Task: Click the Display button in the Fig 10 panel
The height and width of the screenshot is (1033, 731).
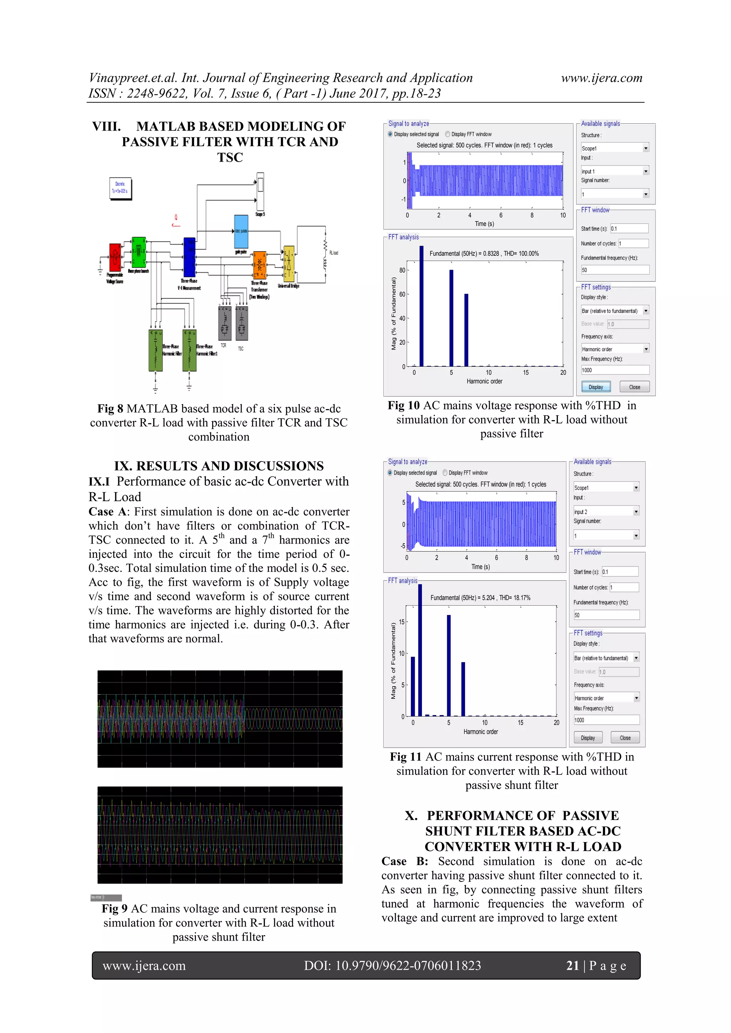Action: (595, 387)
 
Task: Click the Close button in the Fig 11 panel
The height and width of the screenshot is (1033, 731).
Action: (625, 738)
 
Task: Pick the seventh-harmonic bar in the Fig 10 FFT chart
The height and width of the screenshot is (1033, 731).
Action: (466, 330)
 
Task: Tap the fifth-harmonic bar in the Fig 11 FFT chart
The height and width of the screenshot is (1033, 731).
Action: (449, 665)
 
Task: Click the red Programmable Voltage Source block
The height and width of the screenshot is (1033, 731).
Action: (115, 257)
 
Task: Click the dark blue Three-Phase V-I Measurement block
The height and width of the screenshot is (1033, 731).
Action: (190, 257)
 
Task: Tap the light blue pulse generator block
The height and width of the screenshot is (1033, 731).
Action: (241, 231)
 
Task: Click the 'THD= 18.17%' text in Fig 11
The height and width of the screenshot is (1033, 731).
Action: (514, 598)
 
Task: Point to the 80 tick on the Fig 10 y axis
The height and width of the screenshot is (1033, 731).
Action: (402, 270)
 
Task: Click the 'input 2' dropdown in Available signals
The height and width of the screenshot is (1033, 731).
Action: (606, 512)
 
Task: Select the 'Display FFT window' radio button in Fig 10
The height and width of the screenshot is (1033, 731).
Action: (448, 134)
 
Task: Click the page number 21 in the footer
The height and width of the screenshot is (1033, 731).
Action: (572, 966)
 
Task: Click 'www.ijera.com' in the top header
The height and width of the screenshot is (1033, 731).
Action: (601, 78)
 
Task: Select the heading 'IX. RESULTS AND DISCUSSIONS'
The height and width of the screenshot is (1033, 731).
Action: (219, 465)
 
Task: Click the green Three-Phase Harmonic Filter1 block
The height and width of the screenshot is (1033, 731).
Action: (190, 350)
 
